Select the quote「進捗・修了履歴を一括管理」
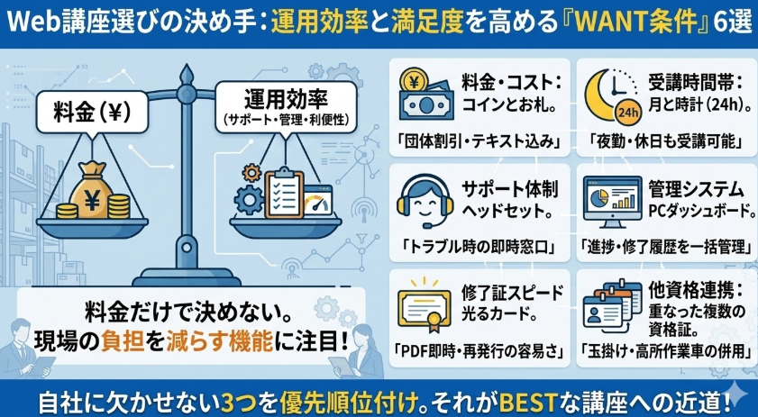pos(665,245)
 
